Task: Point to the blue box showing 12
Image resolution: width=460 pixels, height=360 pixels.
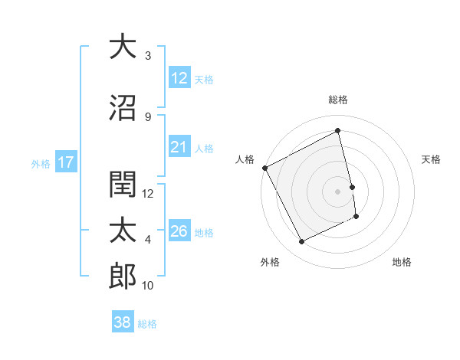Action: click(x=179, y=78)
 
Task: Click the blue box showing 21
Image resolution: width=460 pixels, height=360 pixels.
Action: click(x=179, y=148)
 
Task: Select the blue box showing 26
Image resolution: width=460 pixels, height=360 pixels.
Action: click(x=179, y=231)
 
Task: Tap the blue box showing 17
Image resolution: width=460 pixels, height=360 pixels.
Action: click(x=66, y=162)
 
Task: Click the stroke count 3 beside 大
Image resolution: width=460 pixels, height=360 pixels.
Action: click(x=148, y=56)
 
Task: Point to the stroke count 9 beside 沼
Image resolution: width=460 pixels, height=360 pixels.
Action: click(x=148, y=117)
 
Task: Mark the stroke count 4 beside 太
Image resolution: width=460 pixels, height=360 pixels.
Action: click(x=148, y=240)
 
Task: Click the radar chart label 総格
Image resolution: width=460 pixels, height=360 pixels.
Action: click(x=338, y=100)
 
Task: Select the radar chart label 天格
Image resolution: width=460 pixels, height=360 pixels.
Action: click(x=432, y=159)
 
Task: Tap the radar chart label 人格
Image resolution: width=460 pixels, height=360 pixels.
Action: click(x=245, y=159)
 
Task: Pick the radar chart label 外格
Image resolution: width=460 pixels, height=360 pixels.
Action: click(x=270, y=262)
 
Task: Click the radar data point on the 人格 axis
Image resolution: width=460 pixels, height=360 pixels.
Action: click(x=265, y=168)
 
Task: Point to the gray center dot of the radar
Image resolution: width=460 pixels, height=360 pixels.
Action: click(x=338, y=191)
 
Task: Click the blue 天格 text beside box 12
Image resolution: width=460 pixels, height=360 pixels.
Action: click(x=204, y=79)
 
